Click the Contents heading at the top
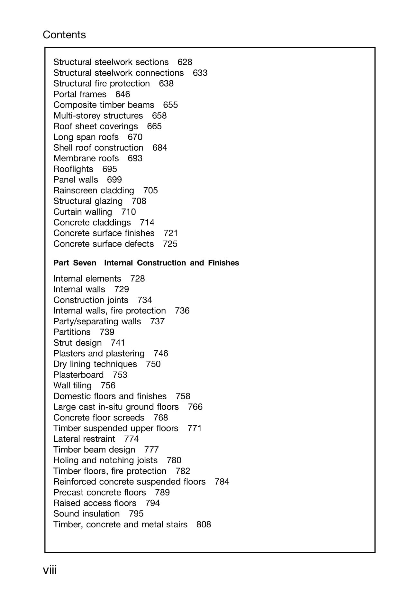click(x=64, y=35)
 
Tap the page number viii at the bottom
click(x=50, y=570)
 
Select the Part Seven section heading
click(x=146, y=263)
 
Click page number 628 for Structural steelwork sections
click(x=185, y=62)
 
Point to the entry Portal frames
click(x=80, y=94)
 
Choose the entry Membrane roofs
click(x=86, y=158)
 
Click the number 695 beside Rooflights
click(x=109, y=169)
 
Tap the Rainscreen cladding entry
click(x=94, y=190)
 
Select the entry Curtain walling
click(x=83, y=212)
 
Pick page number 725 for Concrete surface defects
click(x=170, y=244)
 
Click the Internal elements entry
click(x=87, y=279)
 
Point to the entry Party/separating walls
click(x=97, y=321)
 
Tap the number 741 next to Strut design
click(x=118, y=343)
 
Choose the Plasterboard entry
click(x=78, y=375)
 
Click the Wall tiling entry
click(x=72, y=385)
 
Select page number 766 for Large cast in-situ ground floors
click(x=195, y=407)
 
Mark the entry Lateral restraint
click(x=84, y=439)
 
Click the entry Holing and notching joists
click(x=105, y=460)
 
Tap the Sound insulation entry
click(x=86, y=514)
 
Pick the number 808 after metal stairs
click(x=204, y=524)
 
